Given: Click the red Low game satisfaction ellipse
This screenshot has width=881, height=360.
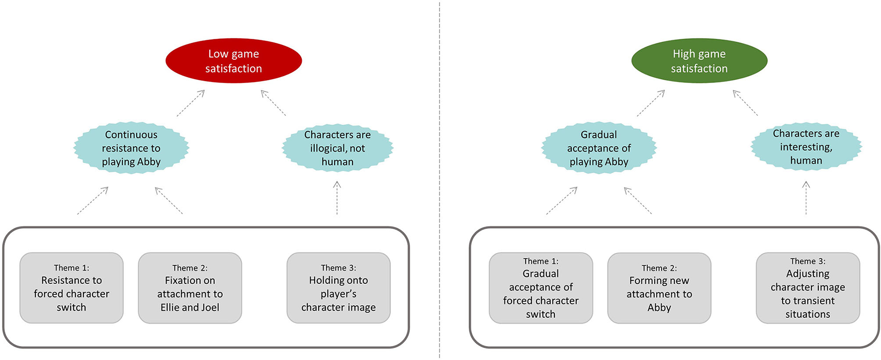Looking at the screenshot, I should [234, 61].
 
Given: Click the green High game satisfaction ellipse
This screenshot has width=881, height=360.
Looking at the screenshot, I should [699, 61].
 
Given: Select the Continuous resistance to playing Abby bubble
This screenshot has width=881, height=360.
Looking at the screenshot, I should [131, 148].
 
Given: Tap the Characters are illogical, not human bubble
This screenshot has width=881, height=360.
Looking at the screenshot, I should [338, 148].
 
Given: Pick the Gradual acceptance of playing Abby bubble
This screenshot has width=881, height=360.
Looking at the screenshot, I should [599, 148].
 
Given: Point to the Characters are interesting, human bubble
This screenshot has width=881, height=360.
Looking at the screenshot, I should [806, 147].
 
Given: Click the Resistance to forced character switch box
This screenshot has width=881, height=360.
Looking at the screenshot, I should [72, 288].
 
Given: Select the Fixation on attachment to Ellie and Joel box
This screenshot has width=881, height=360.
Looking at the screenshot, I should [190, 288].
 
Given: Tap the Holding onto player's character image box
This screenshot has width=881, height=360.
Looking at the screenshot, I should [339, 288].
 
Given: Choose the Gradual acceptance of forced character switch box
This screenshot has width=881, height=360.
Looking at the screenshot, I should [541, 288].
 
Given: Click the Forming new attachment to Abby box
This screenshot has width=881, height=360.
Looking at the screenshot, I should [659, 288].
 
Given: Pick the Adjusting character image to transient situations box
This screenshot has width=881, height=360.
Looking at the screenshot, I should [808, 288].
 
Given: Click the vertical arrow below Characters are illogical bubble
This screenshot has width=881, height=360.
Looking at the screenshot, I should [337, 198].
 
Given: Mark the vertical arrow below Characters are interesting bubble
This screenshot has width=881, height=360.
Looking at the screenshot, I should [806, 198].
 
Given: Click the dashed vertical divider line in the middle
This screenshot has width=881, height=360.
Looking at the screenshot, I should [440, 179].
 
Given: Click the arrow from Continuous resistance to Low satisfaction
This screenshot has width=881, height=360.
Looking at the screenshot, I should [191, 103].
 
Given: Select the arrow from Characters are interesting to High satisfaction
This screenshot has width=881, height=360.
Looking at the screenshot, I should [745, 103].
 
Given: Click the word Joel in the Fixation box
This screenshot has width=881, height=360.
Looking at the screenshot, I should [209, 308].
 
